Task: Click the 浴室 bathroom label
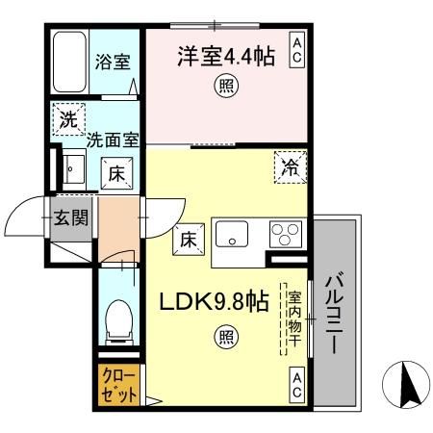pos(112,64)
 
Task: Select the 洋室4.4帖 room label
pos(224,57)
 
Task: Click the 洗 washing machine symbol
pos(67,120)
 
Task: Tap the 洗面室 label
pos(113,140)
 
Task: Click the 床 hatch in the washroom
pos(114,174)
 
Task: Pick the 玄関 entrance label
pos(71,217)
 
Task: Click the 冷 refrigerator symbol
pos(291,166)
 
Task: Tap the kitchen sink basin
pos(232,234)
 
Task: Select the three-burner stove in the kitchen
pos(285,234)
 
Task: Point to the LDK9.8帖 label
pos(212,302)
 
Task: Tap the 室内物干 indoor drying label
pos(292,318)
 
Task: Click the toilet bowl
pos(118,318)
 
